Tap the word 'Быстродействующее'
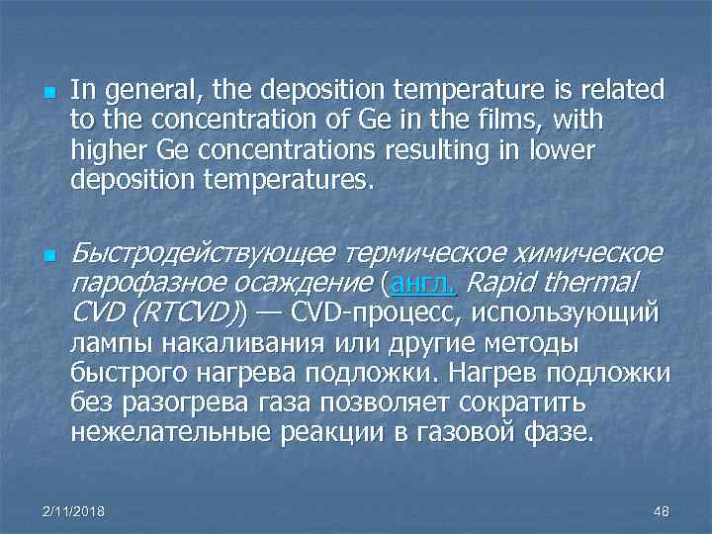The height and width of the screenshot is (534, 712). (x=201, y=256)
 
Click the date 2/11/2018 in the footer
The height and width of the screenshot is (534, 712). (x=76, y=510)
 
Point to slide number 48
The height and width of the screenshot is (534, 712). (x=662, y=510)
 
